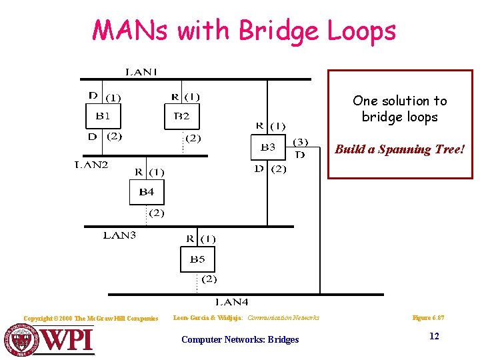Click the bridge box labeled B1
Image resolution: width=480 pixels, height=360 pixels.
click(x=104, y=117)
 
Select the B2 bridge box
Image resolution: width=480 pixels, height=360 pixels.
click(x=182, y=117)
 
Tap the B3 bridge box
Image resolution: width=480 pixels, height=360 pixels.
click(x=267, y=148)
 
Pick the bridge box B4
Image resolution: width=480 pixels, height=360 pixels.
click(x=147, y=193)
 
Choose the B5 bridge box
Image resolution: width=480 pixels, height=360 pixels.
click(x=197, y=259)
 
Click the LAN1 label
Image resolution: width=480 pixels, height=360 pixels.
click(x=141, y=72)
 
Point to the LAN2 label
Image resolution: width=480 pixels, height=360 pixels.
click(x=91, y=165)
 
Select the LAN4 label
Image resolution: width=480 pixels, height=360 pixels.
click(x=231, y=302)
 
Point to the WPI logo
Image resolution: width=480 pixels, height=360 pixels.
click(x=51, y=340)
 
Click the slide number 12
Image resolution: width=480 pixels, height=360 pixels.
click(x=434, y=336)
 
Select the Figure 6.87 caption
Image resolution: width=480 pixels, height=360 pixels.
click(x=429, y=318)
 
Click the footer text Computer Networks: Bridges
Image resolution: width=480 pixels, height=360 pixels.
click(x=240, y=339)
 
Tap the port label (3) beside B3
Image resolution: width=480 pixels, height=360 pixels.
click(x=301, y=141)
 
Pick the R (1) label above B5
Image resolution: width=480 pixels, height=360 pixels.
click(x=200, y=239)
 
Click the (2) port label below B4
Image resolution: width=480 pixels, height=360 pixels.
click(x=155, y=213)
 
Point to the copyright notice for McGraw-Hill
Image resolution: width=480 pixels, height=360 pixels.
click(x=91, y=319)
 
